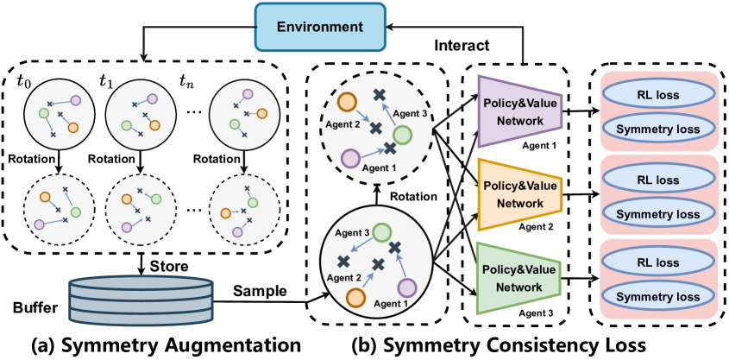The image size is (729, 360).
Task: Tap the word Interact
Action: tap(462, 44)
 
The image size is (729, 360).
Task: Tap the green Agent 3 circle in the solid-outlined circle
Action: tap(380, 232)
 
